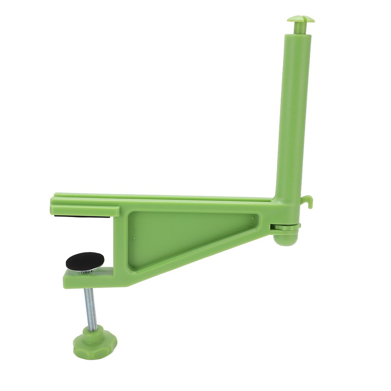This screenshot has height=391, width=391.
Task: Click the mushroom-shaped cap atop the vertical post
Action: coord(301,19)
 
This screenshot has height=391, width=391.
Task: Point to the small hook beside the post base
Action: coord(307,200)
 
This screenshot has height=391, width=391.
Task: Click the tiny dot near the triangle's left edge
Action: coord(135,239)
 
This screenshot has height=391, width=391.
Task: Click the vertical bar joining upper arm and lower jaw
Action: coord(121,239)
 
